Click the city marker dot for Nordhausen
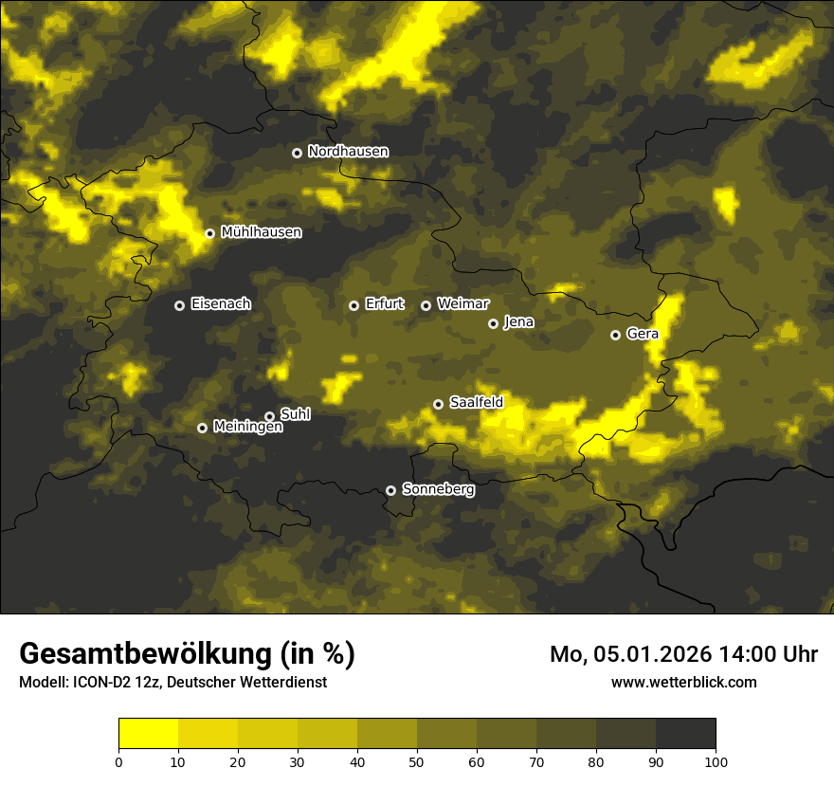(297, 153)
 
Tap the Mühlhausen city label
(261, 232)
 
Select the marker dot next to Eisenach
(179, 305)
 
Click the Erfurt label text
(384, 304)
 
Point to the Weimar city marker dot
(426, 305)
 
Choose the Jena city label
(518, 322)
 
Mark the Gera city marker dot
(615, 335)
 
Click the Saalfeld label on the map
(476, 403)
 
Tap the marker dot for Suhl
(269, 416)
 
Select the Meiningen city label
(247, 428)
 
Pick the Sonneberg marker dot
(390, 490)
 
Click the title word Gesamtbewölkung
(142, 654)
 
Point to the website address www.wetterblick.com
(683, 682)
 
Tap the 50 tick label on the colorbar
(417, 761)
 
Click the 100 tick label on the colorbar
(715, 761)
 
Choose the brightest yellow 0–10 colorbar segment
(149, 733)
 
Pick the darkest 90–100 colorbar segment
(685, 733)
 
